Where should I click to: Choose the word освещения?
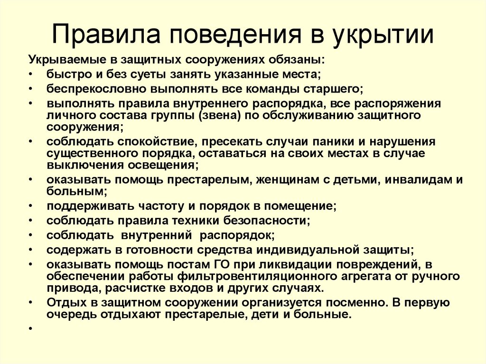pos(161,165)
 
